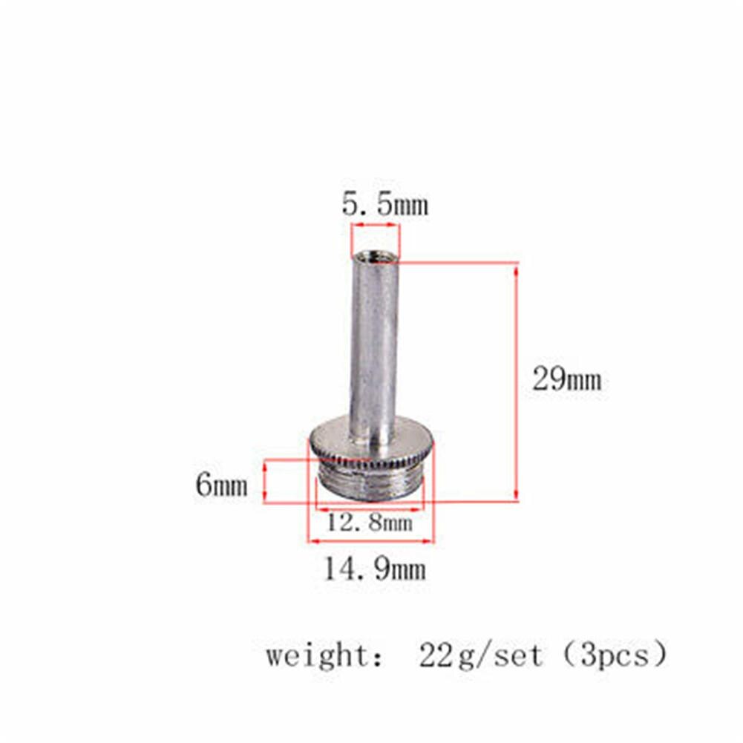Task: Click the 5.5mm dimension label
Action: click(385, 204)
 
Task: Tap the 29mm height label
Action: click(566, 380)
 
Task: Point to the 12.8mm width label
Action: click(370, 523)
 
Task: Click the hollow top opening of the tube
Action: click(375, 258)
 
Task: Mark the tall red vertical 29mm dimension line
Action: click(516, 382)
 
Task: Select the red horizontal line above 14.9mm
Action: click(371, 541)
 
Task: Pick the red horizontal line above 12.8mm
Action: click(370, 509)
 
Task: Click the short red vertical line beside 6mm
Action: click(265, 481)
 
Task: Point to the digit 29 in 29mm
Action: click(548, 380)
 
